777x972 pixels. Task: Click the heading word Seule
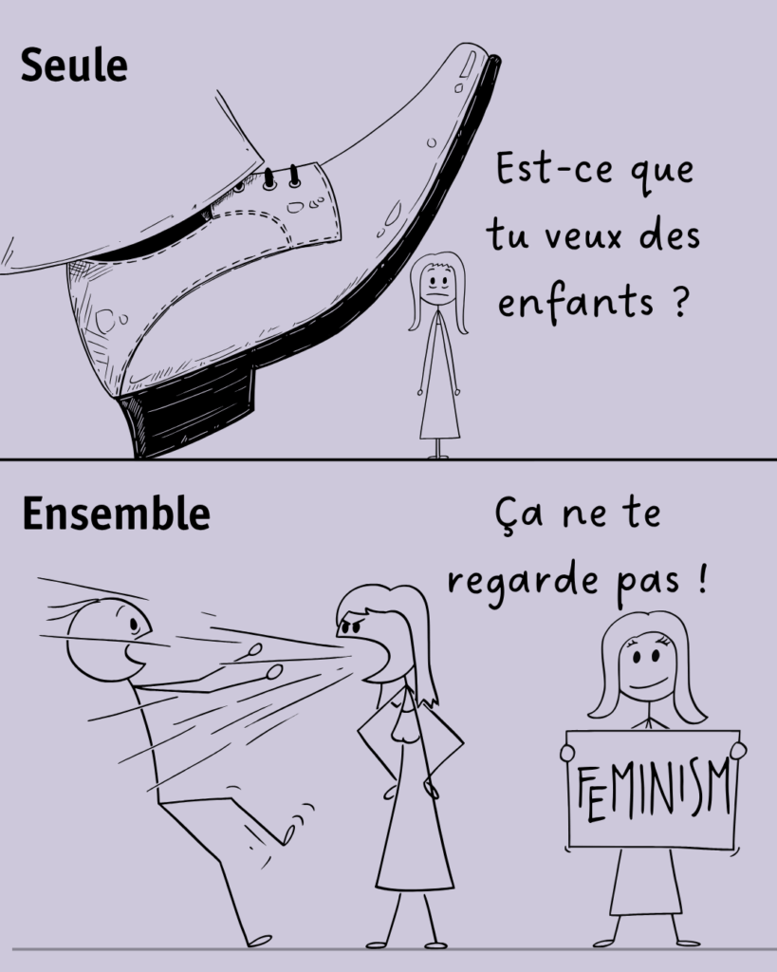pos(74,65)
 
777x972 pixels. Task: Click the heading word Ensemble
pos(116,514)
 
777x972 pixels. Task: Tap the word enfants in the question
pos(576,301)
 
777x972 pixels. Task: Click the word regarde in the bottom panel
pos(524,583)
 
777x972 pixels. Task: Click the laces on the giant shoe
pos(282,178)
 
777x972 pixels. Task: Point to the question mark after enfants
pos(679,300)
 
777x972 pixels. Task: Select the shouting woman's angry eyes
pos(352,624)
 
